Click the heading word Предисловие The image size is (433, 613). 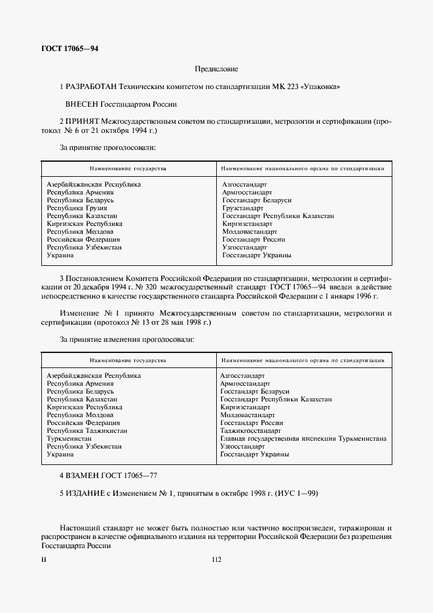(216, 69)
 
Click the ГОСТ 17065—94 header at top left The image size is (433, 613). (69, 49)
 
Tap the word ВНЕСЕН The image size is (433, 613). (82, 104)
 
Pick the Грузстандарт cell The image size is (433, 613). (242, 208)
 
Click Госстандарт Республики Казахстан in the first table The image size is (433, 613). (278, 216)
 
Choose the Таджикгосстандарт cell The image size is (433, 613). (246, 431)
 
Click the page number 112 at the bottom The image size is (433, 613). (217, 559)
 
